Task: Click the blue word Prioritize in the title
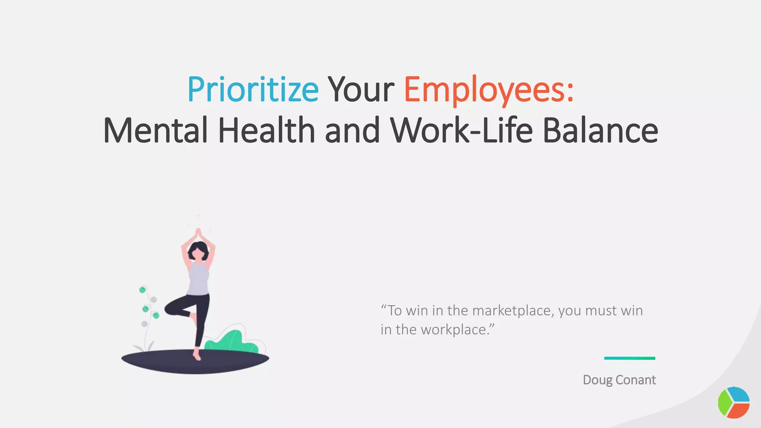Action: click(253, 89)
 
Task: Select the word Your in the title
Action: click(360, 89)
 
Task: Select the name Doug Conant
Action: click(619, 380)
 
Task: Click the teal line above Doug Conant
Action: click(629, 358)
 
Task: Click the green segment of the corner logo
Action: click(724, 403)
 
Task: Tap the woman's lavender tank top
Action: click(198, 279)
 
